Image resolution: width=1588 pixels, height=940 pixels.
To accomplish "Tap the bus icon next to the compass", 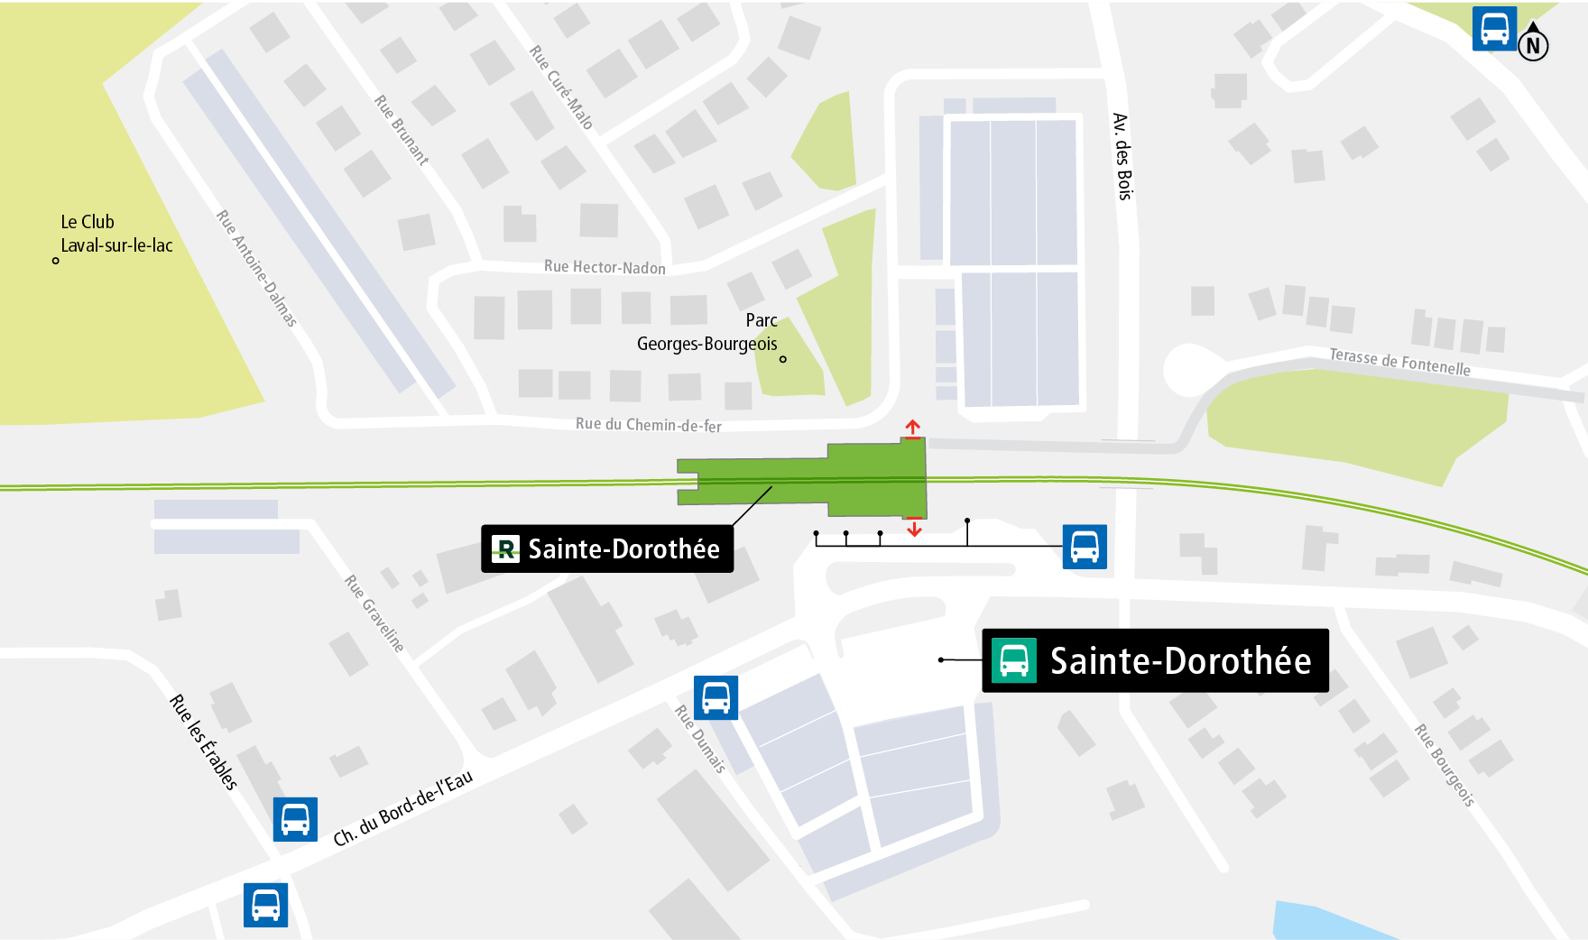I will pyautogui.click(x=1494, y=29).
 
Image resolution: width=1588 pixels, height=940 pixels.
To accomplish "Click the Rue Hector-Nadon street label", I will pyautogui.click(x=605, y=267).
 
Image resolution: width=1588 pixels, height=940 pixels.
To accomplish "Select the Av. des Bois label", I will pyautogui.click(x=1122, y=156).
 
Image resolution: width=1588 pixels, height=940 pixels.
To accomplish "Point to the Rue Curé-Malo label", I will pyautogui.click(x=560, y=88).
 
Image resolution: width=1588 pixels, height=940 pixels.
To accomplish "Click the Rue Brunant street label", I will pyautogui.click(x=402, y=130).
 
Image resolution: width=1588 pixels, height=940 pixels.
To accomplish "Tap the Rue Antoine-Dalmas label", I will pyautogui.click(x=256, y=268).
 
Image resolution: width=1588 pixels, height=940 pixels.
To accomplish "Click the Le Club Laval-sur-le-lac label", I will pyautogui.click(x=115, y=234).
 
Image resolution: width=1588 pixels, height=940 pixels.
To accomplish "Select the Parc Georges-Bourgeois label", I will pyautogui.click(x=707, y=332).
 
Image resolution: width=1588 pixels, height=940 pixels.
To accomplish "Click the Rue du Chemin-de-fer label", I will pyautogui.click(x=648, y=425).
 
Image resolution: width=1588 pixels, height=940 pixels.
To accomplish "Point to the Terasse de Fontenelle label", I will pyautogui.click(x=1399, y=362).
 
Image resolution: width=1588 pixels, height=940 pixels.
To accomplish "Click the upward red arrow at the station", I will pyautogui.click(x=913, y=428).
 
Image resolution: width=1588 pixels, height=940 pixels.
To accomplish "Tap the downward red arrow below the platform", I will pyautogui.click(x=914, y=528).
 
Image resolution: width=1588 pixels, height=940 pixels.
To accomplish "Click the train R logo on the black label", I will pyautogui.click(x=506, y=548).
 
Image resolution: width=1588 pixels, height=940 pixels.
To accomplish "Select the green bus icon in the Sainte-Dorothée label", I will pyautogui.click(x=1013, y=660).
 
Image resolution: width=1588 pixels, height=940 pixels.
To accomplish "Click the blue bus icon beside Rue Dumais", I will pyautogui.click(x=716, y=697).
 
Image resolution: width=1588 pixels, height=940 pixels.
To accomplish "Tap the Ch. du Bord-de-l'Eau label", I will pyautogui.click(x=402, y=809).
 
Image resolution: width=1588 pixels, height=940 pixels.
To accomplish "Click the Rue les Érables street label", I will pyautogui.click(x=204, y=742).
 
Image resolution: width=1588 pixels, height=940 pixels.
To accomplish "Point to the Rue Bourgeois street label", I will pyautogui.click(x=1444, y=765).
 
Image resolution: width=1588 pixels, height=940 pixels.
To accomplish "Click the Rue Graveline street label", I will pyautogui.click(x=374, y=613).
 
